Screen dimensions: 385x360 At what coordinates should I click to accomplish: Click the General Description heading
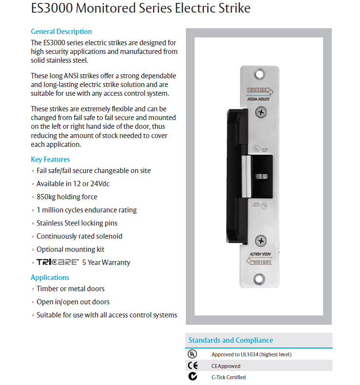point(61,32)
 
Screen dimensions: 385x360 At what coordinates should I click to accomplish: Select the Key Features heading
point(50,159)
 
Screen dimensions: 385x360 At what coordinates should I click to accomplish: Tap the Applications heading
point(50,278)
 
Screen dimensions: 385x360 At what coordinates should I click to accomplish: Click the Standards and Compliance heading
point(231,340)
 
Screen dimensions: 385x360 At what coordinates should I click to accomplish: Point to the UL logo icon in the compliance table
point(193,354)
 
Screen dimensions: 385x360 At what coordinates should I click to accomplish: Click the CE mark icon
point(193,366)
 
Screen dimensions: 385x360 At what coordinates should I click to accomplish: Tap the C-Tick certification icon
point(193,377)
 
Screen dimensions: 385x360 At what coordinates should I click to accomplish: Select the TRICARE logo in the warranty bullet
point(57,262)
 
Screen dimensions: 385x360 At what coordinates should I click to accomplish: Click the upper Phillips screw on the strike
point(262,113)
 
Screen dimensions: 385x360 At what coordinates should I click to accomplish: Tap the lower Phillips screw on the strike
point(262,240)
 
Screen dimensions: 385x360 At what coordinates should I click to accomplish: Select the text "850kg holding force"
point(67,197)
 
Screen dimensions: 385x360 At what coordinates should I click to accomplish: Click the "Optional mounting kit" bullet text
point(71,249)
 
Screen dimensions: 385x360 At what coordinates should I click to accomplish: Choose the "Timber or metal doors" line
point(71,289)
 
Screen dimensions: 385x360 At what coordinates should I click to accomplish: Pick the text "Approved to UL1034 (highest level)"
point(252,354)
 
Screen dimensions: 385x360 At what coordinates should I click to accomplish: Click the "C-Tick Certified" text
point(228,377)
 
